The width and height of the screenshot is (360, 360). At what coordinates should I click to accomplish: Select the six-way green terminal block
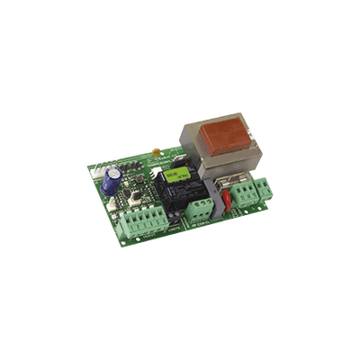(x=145, y=220)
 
